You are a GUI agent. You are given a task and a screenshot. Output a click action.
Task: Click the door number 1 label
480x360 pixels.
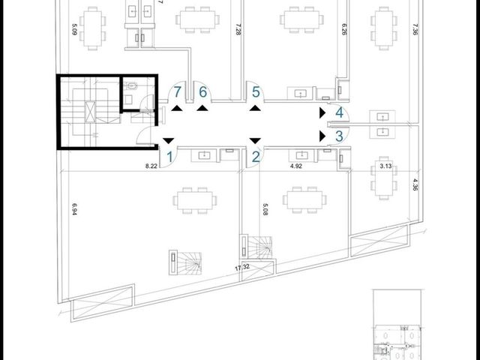(x=169, y=157)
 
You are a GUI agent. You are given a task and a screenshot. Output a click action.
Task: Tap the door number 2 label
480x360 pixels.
(x=256, y=157)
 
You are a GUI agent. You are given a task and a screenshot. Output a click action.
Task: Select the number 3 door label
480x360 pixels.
(x=339, y=136)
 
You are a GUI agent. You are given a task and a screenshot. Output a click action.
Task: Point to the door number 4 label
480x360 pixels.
(x=340, y=113)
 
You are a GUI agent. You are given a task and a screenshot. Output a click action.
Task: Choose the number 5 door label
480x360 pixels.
(x=256, y=92)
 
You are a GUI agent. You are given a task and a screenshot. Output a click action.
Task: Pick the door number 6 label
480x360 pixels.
(x=203, y=92)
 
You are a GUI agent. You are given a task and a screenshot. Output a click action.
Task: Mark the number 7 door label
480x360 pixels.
(x=177, y=92)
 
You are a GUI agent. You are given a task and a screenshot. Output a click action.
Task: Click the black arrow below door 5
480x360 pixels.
(x=255, y=108)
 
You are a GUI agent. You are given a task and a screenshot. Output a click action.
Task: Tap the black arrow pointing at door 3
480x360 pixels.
(x=322, y=136)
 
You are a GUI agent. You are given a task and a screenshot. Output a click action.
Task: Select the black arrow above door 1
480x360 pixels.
(x=168, y=141)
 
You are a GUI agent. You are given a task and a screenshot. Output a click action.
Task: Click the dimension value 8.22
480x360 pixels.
(x=151, y=166)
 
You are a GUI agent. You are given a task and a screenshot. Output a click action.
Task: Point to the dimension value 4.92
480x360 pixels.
(x=296, y=166)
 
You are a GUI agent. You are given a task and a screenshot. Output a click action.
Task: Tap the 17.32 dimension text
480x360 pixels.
(x=242, y=267)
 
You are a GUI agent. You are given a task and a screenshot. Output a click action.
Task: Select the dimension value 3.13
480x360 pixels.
(x=385, y=166)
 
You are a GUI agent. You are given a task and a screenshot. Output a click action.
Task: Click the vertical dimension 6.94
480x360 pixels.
(x=74, y=209)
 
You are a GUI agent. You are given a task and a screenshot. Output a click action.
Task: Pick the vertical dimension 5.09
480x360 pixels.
(x=74, y=29)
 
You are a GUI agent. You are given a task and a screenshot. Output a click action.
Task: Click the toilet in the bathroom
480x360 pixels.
(x=132, y=85)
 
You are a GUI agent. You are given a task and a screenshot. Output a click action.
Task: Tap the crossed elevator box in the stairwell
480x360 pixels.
(x=90, y=112)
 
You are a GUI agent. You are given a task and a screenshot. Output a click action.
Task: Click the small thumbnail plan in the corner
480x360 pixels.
(x=398, y=325)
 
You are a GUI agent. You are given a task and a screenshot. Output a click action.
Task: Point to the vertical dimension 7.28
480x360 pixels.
(x=238, y=29)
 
